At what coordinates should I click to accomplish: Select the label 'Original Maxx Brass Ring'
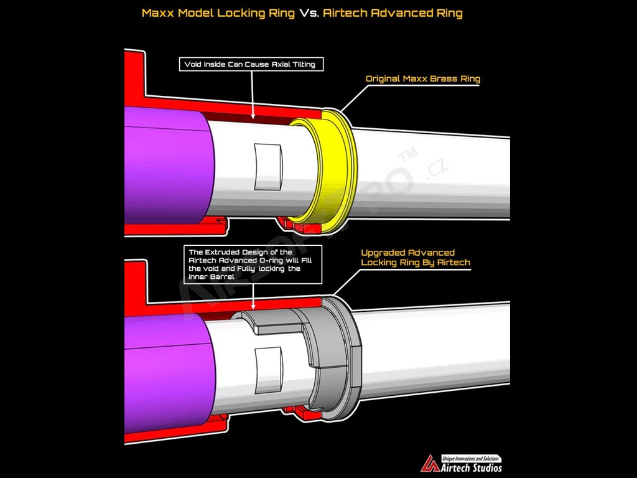(423, 79)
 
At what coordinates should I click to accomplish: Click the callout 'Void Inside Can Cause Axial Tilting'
(251, 64)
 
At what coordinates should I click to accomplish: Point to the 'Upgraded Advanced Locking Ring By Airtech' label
(415, 258)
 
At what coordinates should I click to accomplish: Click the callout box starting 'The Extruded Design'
(253, 265)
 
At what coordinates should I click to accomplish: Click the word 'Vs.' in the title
(309, 13)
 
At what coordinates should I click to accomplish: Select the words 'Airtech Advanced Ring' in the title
(393, 13)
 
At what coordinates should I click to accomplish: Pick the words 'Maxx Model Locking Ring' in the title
(218, 13)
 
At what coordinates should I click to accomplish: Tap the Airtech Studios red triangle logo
(430, 464)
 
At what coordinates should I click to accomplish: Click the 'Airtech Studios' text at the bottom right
(472, 467)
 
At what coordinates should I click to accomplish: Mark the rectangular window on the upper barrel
(268, 167)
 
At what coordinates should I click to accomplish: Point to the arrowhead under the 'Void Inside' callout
(253, 116)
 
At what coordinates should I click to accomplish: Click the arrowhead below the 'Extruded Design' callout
(253, 306)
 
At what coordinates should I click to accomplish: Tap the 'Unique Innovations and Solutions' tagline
(470, 459)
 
